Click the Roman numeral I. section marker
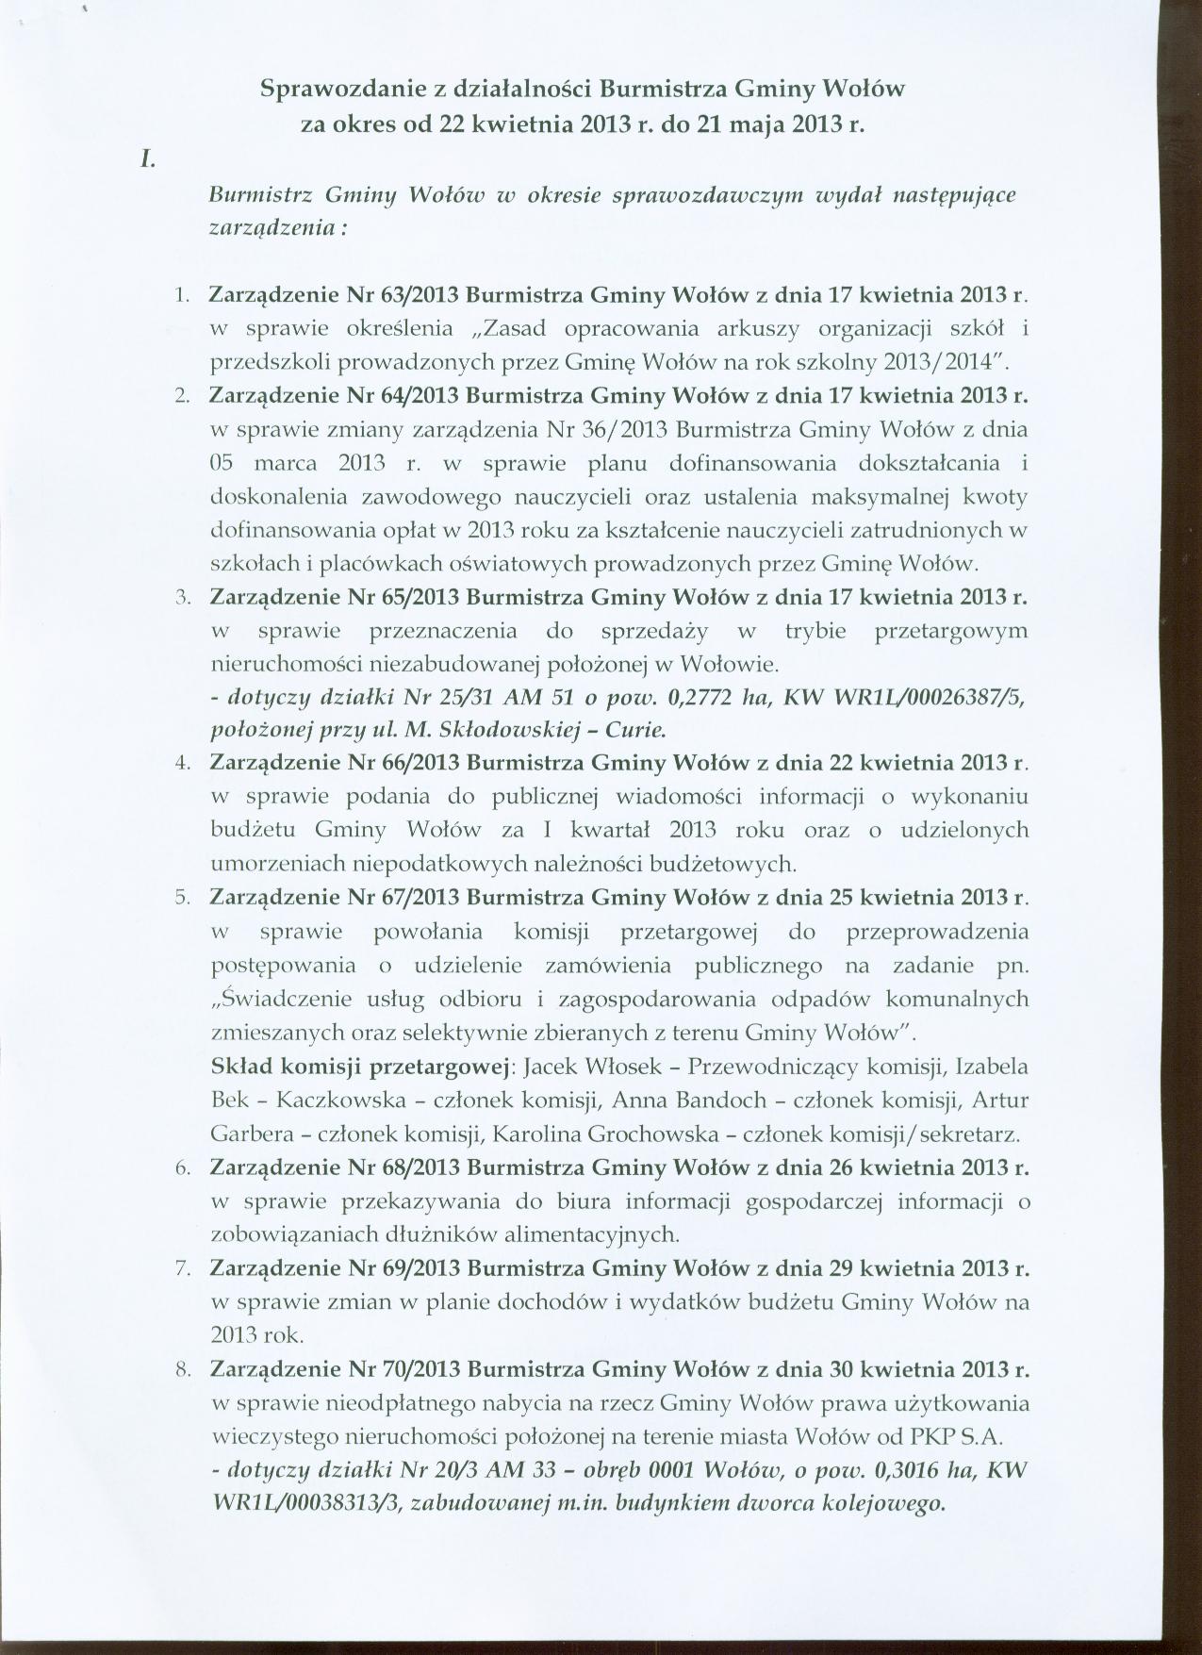(147, 160)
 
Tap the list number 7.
(183, 1268)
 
